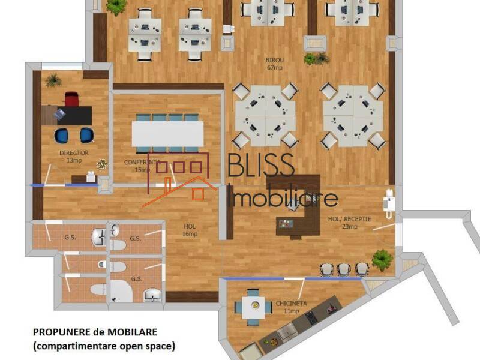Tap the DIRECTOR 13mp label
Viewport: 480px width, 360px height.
click(x=74, y=157)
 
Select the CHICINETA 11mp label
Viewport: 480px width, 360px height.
click(x=292, y=307)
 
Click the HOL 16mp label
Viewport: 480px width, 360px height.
click(x=190, y=230)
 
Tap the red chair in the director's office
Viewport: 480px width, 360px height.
click(x=71, y=99)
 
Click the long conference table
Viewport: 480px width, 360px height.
click(x=167, y=134)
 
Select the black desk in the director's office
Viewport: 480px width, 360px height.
click(x=67, y=115)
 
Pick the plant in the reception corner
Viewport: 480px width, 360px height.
click(x=382, y=259)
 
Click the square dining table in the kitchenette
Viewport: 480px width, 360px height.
click(x=253, y=307)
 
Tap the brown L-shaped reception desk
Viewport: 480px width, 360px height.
click(x=300, y=207)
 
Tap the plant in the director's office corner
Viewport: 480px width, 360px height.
click(x=53, y=80)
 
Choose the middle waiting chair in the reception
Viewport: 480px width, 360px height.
click(x=343, y=269)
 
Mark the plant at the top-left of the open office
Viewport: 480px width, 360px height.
click(x=116, y=7)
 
